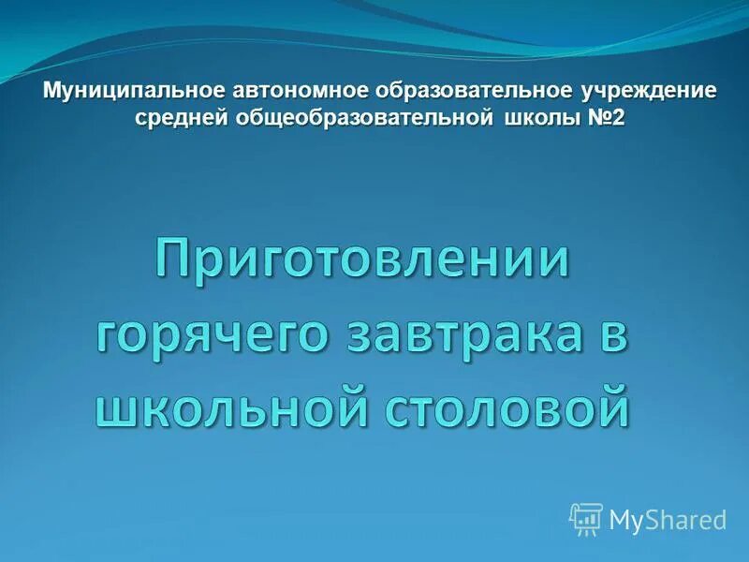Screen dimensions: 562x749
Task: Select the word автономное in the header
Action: [x=298, y=92]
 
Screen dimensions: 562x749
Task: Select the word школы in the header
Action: [x=536, y=117]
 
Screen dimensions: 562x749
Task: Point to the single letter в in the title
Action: [x=610, y=333]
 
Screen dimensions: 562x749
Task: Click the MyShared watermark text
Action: [x=668, y=520]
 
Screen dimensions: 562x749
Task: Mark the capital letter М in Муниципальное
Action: [x=54, y=92]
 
